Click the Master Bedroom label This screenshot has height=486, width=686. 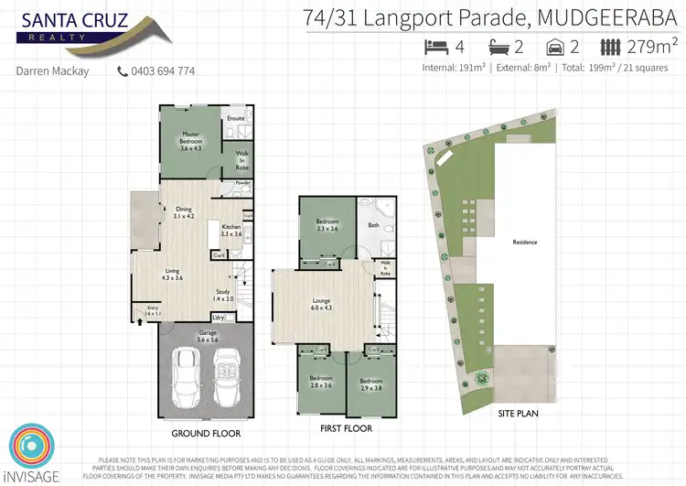pyautogui.click(x=190, y=143)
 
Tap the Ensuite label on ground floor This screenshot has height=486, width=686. pyautogui.click(x=236, y=118)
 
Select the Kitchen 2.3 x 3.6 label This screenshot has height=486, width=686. pyautogui.click(x=231, y=230)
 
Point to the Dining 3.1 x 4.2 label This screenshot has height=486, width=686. pyautogui.click(x=184, y=212)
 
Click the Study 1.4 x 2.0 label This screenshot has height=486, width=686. pyautogui.click(x=224, y=295)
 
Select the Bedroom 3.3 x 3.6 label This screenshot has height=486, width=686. pyautogui.click(x=327, y=224)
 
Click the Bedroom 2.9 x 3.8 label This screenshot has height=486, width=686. pyautogui.click(x=371, y=383)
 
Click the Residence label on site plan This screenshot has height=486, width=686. pyautogui.click(x=525, y=243)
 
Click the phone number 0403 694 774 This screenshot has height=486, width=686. pyautogui.click(x=161, y=70)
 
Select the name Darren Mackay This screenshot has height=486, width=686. pyautogui.click(x=53, y=70)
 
